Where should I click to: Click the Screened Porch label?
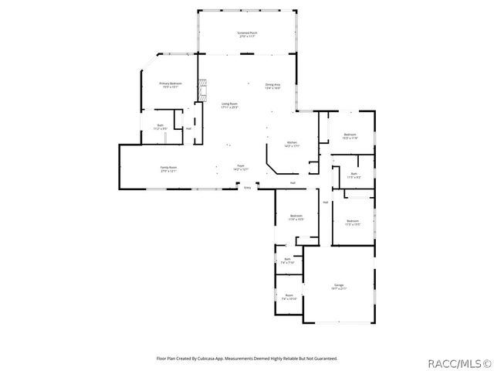[247, 34]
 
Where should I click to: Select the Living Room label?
[229, 104]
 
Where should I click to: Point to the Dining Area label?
[272, 86]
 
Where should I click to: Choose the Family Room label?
[168, 168]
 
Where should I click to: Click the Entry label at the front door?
[247, 188]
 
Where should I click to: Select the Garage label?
[339, 287]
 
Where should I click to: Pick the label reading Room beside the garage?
[289, 296]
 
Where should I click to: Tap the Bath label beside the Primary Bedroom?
[160, 127]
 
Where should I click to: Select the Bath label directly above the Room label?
[287, 260]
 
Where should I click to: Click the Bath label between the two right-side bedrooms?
[353, 175]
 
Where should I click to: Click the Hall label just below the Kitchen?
[293, 183]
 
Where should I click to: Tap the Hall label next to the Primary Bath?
[188, 128]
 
